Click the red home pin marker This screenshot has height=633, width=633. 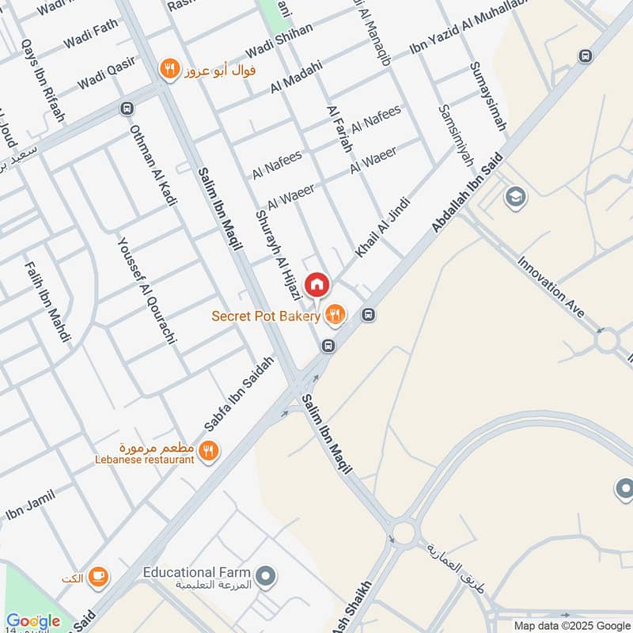[316, 284]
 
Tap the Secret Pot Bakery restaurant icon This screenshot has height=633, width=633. [335, 316]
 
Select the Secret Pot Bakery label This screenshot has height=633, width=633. [266, 316]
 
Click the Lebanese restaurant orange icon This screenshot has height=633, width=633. [209, 451]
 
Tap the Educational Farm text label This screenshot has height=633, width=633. [196, 572]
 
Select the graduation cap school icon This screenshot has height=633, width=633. [515, 195]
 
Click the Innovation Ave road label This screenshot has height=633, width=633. [552, 286]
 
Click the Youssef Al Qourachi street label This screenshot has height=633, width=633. [146, 294]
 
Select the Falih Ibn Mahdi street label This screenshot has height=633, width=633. [47, 301]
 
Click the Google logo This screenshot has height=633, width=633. [33, 622]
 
